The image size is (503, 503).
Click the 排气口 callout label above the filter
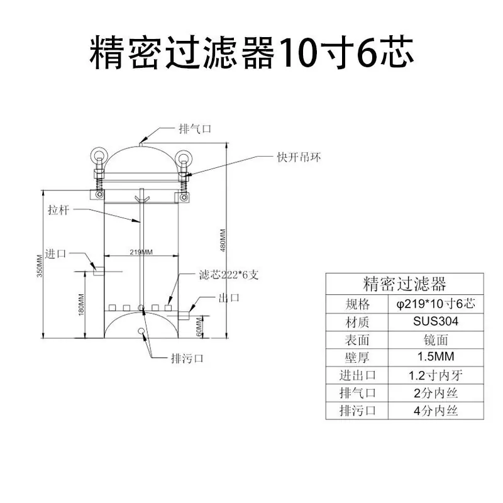195,129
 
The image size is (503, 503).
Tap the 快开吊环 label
299,157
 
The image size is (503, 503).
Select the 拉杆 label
58,210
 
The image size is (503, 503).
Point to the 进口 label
55,254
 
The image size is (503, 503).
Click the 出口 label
229,297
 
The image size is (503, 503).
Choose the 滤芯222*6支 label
229,275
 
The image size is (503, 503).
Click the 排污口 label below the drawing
187,358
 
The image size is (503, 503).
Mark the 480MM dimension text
223,240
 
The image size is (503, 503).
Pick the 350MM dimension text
40,266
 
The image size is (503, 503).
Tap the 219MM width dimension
141,252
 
